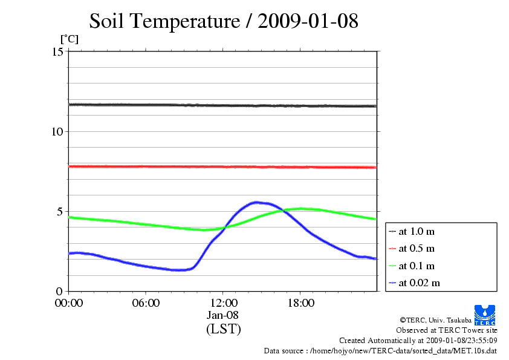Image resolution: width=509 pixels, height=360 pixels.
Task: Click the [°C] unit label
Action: tap(69, 39)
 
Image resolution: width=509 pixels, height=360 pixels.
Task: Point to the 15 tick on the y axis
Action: tap(58, 51)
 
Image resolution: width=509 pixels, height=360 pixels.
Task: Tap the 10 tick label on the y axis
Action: tap(58, 131)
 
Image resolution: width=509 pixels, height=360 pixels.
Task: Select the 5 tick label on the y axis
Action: tap(60, 211)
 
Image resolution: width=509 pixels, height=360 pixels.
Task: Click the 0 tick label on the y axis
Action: tap(60, 291)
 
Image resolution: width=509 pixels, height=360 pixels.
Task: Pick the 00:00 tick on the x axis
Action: tap(69, 303)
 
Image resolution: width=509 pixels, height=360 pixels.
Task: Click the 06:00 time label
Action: tap(146, 303)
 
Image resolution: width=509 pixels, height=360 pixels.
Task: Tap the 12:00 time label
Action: tap(223, 303)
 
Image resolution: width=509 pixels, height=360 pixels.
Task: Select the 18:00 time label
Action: tap(300, 303)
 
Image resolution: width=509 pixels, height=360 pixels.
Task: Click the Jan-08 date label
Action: tap(223, 315)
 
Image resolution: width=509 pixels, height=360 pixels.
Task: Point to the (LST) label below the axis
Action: tap(223, 329)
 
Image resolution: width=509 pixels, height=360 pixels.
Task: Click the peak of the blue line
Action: tap(256, 202)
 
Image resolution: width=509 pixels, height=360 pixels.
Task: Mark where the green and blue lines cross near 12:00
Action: tap(225, 227)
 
